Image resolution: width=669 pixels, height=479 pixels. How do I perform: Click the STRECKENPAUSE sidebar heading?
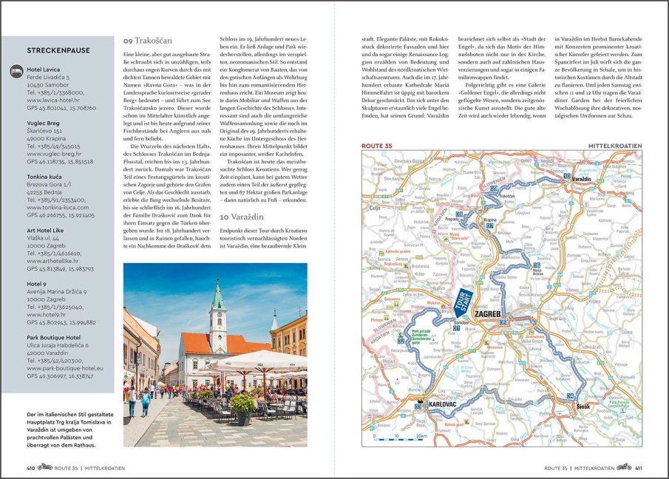pos(58,50)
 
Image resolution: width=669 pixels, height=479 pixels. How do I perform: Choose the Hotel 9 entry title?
pos(37,283)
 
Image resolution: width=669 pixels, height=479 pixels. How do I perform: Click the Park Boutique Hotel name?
pos(58,336)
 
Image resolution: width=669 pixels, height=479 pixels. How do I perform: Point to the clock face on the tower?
pos(217,319)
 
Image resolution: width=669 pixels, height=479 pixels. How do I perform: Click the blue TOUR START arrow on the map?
pos(464,303)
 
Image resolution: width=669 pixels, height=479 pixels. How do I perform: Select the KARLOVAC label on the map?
pos(444,405)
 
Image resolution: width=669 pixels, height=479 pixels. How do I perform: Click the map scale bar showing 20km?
pos(404,436)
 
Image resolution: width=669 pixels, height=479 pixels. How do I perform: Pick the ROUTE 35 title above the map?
pos(377,146)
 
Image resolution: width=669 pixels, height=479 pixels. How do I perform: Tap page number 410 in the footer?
pos(31,468)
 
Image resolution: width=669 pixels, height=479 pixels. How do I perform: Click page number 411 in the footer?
pos(638,468)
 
